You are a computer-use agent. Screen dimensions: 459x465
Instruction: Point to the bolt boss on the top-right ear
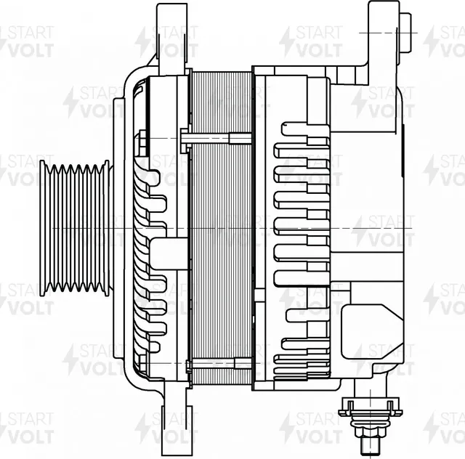(x=406, y=33)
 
